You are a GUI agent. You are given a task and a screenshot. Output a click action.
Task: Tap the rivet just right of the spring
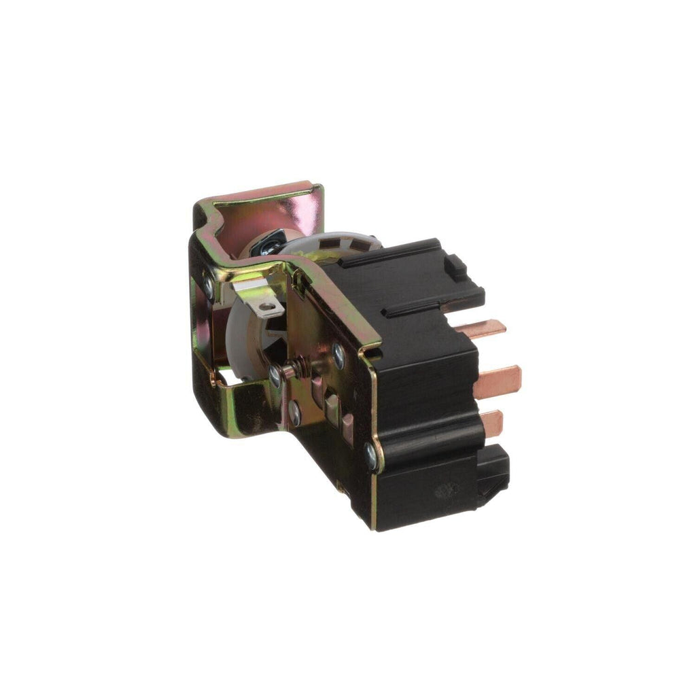click(x=338, y=353)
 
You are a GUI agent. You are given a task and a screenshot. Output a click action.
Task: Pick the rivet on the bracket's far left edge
click(x=207, y=292)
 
